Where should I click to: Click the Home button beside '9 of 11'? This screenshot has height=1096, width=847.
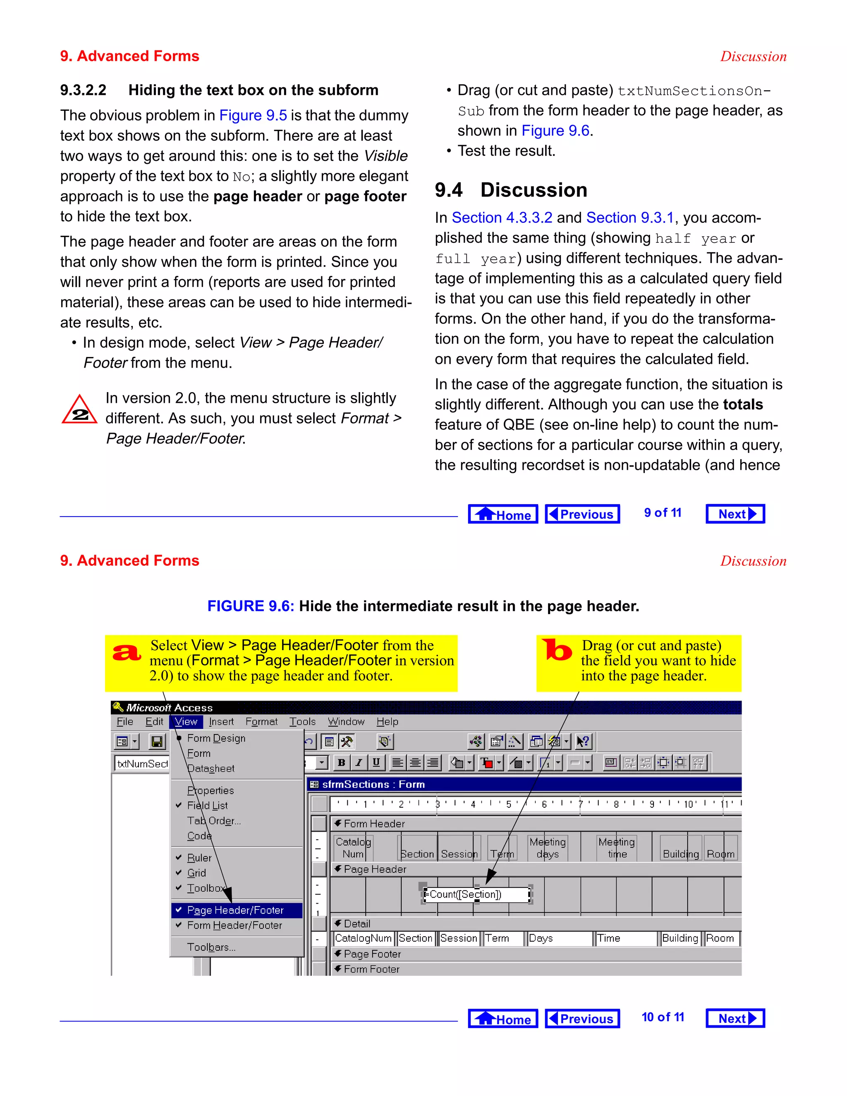(503, 514)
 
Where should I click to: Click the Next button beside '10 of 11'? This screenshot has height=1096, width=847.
(735, 1018)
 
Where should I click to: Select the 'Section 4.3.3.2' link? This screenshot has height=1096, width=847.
(502, 218)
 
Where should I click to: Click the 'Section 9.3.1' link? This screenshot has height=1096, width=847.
(630, 218)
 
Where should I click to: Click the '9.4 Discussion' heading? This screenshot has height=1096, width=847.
(511, 190)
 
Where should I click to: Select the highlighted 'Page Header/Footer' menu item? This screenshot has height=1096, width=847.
(235, 910)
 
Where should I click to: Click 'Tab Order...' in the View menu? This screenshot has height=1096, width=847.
(214, 821)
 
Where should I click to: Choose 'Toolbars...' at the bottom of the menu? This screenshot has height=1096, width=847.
(211, 947)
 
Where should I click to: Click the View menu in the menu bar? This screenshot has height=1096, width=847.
(186, 722)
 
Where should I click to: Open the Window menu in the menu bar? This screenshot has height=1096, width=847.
(346, 722)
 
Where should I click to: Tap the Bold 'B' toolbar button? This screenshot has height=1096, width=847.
(341, 763)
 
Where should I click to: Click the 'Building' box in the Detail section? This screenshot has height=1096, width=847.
(680, 938)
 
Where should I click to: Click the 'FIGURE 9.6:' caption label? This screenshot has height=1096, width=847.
(250, 606)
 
